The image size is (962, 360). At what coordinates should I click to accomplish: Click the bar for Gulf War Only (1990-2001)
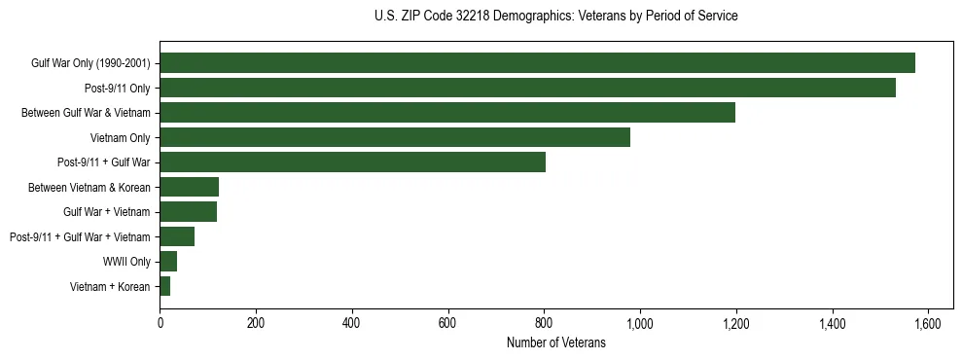tap(537, 63)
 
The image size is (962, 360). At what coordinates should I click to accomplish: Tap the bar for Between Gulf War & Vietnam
tap(447, 113)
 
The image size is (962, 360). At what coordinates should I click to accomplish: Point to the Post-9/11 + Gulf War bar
tap(352, 162)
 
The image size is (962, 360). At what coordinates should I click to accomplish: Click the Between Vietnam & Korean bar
tap(189, 187)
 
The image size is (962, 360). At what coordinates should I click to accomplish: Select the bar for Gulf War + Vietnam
tap(188, 211)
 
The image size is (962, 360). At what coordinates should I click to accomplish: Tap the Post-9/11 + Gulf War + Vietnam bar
tap(177, 236)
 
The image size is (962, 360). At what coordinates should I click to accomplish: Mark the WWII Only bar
tap(168, 261)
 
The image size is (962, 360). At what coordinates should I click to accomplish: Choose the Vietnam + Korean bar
tap(164, 286)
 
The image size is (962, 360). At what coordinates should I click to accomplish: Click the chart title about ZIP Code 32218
tap(555, 17)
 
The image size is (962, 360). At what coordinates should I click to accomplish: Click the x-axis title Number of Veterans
tap(555, 343)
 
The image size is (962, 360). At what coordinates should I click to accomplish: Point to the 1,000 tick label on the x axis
tap(640, 324)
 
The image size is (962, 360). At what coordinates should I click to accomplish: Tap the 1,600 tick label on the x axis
tap(928, 324)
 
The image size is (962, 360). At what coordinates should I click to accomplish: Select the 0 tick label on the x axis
tap(160, 324)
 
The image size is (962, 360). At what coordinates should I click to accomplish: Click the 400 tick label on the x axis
tap(352, 324)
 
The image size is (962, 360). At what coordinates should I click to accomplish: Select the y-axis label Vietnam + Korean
tap(110, 287)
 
